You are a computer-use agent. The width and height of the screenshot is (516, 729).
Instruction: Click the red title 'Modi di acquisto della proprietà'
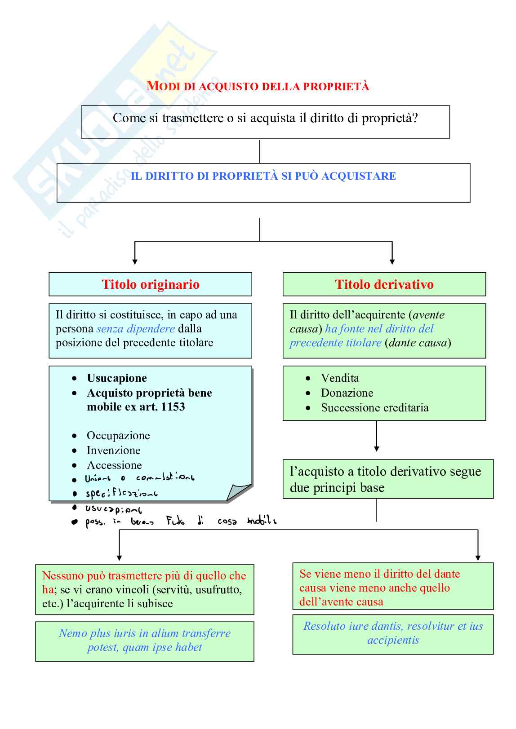pyautogui.click(x=258, y=86)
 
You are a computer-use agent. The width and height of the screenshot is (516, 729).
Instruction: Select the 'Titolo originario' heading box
pyautogui.click(x=150, y=284)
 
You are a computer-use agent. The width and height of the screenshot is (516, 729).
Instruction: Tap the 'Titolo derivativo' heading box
pyautogui.click(x=384, y=284)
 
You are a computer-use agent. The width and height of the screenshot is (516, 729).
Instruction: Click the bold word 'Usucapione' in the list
pyautogui.click(x=117, y=378)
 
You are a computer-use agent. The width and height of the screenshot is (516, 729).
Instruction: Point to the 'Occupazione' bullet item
pyautogui.click(x=118, y=436)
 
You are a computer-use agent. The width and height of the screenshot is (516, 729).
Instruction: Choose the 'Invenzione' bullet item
pyautogui.click(x=113, y=451)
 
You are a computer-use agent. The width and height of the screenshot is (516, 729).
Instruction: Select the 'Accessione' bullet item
pyautogui.click(x=114, y=465)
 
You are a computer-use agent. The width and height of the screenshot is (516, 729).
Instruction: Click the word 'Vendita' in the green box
pyautogui.click(x=340, y=378)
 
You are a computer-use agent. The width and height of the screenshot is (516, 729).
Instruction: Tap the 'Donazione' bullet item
pyautogui.click(x=347, y=393)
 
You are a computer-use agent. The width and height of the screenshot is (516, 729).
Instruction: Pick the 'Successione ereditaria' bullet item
pyautogui.click(x=374, y=408)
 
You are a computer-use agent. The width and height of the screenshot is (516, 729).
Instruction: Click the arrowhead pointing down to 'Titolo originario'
pyautogui.click(x=135, y=261)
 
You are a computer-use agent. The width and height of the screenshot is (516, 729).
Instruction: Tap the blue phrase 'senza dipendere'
pyautogui.click(x=135, y=329)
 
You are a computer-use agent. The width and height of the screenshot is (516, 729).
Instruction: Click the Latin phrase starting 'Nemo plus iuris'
pyautogui.click(x=144, y=641)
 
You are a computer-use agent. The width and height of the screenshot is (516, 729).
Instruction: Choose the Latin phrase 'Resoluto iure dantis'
pyautogui.click(x=393, y=633)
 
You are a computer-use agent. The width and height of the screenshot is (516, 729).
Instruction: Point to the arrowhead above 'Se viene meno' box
pyautogui.click(x=478, y=557)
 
